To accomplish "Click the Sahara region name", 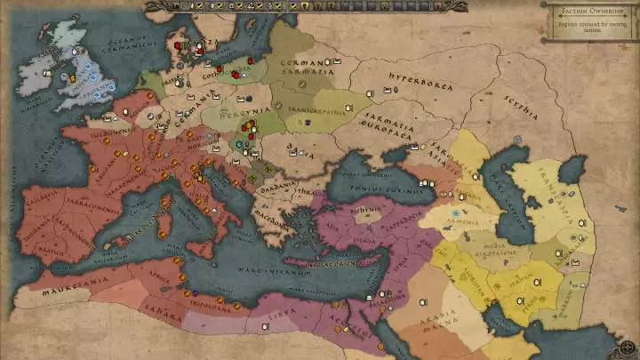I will click(163, 314).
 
